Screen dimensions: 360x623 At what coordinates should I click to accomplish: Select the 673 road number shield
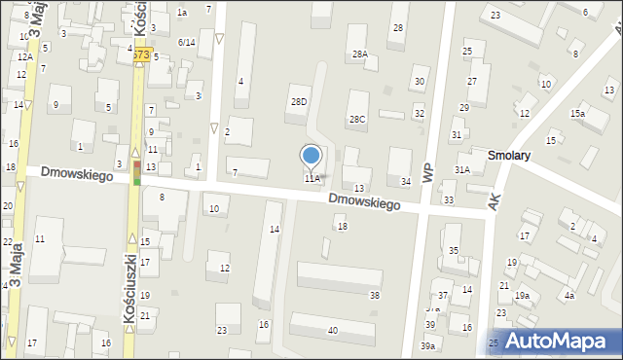[142, 55]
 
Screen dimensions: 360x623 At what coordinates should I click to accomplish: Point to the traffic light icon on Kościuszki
[136, 173]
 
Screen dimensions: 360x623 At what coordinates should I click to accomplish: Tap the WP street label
[427, 165]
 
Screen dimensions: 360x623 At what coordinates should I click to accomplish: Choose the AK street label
[495, 199]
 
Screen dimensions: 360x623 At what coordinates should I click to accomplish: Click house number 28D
[299, 101]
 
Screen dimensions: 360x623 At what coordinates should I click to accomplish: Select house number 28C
[357, 119]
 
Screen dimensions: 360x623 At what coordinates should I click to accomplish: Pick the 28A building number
[360, 54]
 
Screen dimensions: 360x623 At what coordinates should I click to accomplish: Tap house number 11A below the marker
[311, 179]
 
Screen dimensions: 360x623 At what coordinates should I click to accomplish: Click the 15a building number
[578, 114]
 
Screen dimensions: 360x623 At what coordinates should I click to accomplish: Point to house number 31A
[462, 169]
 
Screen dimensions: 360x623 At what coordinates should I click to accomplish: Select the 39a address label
[428, 346]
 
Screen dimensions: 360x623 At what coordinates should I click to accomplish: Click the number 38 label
[375, 295]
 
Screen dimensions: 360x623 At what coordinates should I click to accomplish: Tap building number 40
[333, 331]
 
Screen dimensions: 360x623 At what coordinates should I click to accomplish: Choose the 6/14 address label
[187, 42]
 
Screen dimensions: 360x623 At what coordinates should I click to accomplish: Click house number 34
[406, 181]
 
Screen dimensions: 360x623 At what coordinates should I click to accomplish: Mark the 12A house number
[24, 57]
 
